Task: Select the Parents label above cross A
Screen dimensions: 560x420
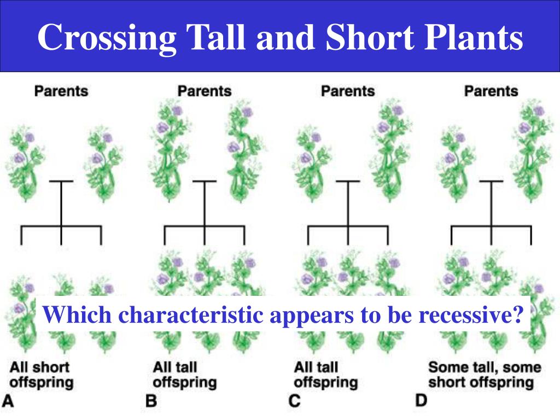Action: pos(61,91)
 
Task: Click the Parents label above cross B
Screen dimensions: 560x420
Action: pos(205,91)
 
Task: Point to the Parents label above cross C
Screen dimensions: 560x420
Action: pos(348,91)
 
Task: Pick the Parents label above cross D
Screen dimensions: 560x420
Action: pos(491,91)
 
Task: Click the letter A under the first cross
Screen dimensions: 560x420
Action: pos(8,401)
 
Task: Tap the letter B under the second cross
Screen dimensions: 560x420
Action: pos(151,401)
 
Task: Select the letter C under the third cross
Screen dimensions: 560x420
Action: pos(295,401)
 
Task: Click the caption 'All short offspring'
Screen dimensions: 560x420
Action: pos(42,374)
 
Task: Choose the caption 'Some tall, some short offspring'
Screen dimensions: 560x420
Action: pos(484,374)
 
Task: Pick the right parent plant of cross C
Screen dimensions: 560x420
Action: pos(389,150)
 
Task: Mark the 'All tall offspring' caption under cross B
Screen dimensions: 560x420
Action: pos(185,374)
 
